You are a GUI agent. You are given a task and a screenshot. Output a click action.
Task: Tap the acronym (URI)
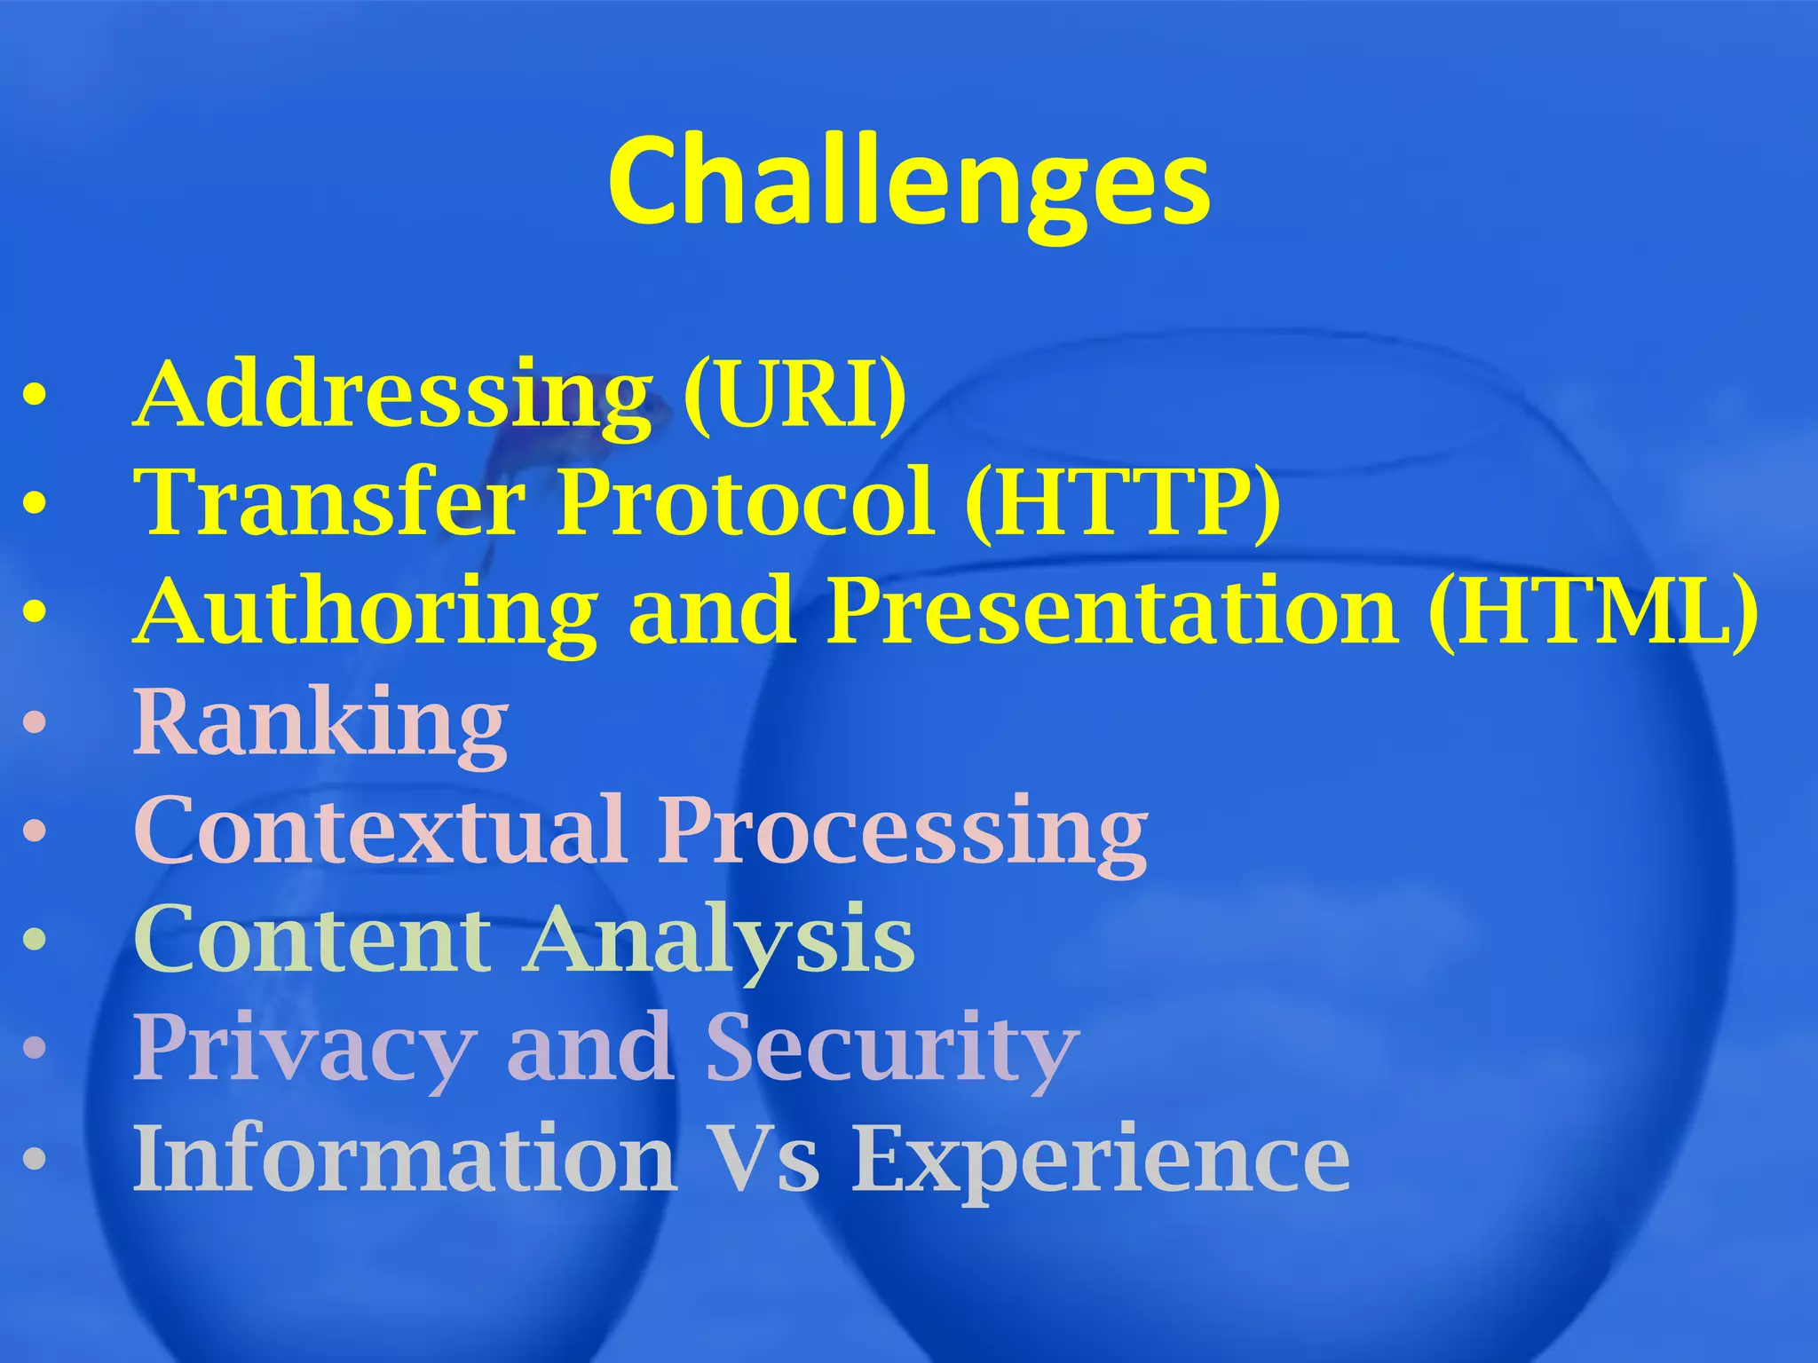pos(794,395)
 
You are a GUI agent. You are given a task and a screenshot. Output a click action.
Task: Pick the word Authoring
pos(366,612)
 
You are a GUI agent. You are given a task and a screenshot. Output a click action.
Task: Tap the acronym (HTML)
pos(1593,612)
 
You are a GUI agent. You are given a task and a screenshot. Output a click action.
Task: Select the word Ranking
pos(321,723)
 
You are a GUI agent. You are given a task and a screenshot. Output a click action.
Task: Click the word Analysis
pos(719,939)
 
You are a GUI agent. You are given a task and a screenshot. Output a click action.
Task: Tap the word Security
pos(892,1047)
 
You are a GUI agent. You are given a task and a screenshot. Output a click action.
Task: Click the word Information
pos(404,1158)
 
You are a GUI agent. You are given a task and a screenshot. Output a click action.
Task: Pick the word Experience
pos(1101,1158)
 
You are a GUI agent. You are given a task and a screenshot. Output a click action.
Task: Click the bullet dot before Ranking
pos(34,723)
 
